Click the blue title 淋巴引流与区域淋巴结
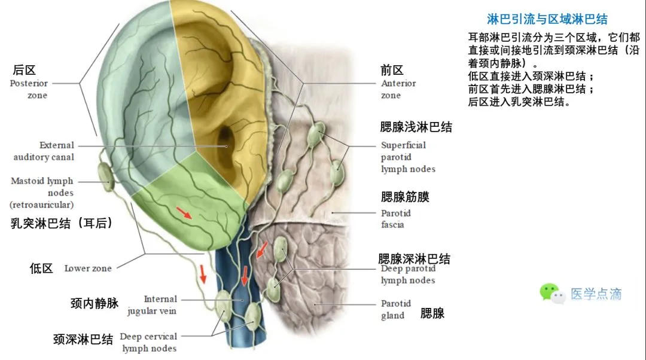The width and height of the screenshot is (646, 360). (547, 20)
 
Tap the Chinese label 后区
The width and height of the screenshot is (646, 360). (25, 71)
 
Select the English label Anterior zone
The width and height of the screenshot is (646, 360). (398, 89)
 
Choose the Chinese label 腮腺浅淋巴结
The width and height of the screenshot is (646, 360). (416, 127)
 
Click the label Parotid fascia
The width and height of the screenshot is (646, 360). (395, 219)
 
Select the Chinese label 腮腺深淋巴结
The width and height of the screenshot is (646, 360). (414, 259)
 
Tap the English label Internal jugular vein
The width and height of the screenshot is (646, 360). (152, 304)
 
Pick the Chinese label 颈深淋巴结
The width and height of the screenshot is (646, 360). (83, 340)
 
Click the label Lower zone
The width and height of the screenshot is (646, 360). (88, 269)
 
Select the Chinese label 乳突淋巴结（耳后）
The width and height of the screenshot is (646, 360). (62, 224)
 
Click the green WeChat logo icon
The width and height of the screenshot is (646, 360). (551, 293)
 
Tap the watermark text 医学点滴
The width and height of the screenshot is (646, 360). (596, 294)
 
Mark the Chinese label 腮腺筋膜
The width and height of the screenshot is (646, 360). (405, 197)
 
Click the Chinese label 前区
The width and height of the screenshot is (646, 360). (392, 70)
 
